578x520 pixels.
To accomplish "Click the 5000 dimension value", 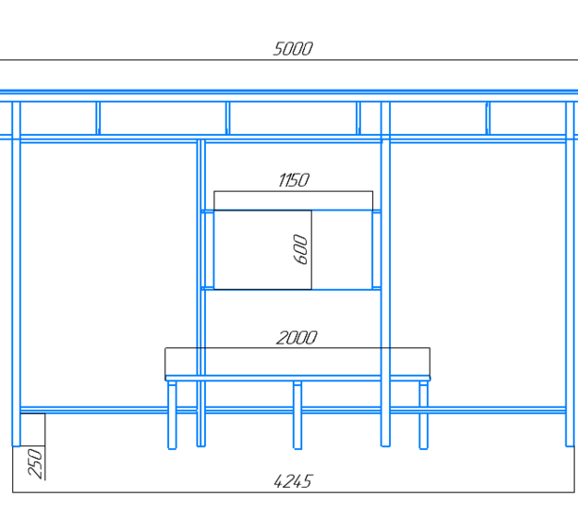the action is click(x=293, y=49).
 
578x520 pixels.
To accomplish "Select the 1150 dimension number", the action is click(x=294, y=180).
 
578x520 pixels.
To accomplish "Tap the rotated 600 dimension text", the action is click(x=300, y=250).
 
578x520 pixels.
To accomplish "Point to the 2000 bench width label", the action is click(x=297, y=338).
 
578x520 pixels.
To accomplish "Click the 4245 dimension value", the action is click(x=294, y=481).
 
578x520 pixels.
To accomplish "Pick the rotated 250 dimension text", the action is click(x=35, y=463).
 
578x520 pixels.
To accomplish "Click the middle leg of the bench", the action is click(x=297, y=415).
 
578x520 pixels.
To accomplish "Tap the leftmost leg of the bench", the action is click(x=172, y=415).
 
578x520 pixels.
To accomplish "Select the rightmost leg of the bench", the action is click(x=423, y=415).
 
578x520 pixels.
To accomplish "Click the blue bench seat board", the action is click(x=297, y=378).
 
